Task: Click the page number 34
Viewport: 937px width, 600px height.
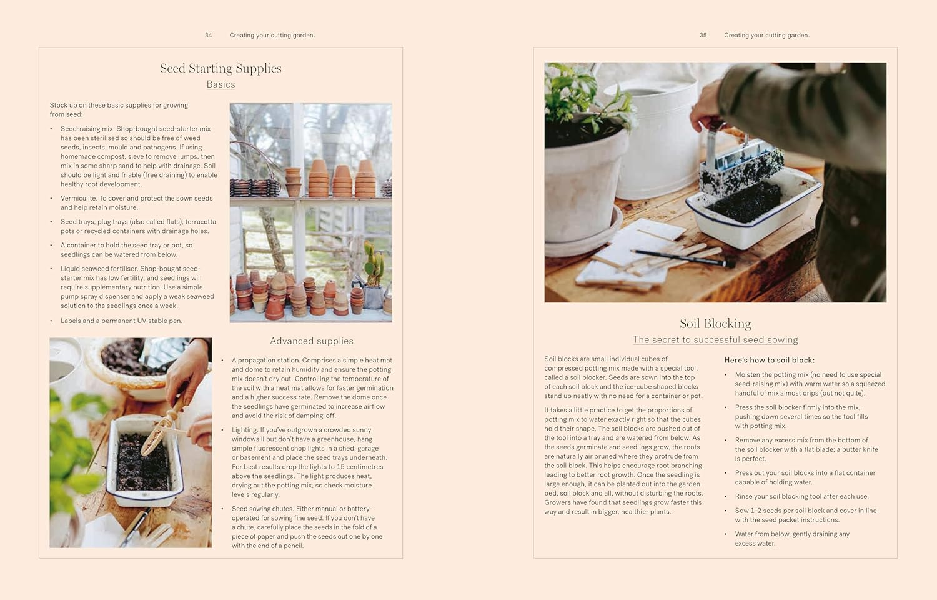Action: [208, 36]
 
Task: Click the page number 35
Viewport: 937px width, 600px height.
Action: [703, 36]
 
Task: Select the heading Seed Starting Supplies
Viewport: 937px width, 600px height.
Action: [221, 68]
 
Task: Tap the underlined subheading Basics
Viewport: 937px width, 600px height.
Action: [221, 84]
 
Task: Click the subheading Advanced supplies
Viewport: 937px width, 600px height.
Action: [312, 341]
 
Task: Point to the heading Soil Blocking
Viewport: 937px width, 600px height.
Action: [715, 323]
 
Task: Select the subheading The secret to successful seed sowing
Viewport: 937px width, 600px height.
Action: [715, 340]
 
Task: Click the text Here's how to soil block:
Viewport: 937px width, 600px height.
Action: [769, 360]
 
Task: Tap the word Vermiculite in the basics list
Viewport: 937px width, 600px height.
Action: [78, 199]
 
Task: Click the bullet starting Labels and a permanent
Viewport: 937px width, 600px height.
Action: [121, 321]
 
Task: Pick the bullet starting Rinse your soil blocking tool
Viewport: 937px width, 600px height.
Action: [801, 496]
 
